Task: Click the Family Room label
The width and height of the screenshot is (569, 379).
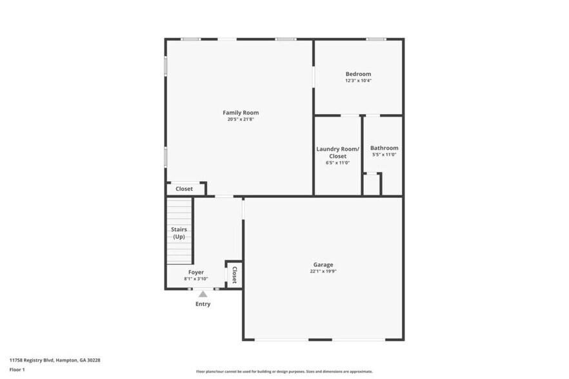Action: click(241, 113)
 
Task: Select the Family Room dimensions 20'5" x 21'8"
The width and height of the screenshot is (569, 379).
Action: click(241, 119)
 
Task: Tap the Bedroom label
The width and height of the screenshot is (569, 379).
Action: click(358, 74)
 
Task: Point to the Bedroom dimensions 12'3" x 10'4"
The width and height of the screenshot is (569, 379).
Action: click(358, 81)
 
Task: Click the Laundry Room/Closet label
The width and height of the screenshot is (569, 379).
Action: click(337, 152)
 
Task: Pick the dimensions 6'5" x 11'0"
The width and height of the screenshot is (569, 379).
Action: click(337, 162)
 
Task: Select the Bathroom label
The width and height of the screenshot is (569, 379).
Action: click(384, 148)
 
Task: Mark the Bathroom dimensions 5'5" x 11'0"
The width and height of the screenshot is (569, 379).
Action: click(384, 155)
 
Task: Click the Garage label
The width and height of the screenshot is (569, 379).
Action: click(323, 264)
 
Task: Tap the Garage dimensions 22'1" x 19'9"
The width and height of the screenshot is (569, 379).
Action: click(323, 271)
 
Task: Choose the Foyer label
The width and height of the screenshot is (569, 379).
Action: click(196, 272)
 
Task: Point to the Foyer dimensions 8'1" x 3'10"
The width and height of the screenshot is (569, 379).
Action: click(196, 279)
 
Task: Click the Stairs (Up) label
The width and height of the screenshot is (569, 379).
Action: click(179, 233)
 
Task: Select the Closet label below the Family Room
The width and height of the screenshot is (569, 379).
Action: click(185, 189)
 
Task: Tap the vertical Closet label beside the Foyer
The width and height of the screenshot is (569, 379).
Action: click(234, 275)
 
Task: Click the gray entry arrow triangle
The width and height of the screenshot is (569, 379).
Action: click(203, 294)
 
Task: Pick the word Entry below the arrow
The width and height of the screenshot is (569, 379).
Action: click(203, 304)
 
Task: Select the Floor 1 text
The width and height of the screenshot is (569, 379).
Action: click(17, 369)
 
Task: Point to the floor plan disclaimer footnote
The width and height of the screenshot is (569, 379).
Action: click(284, 372)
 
